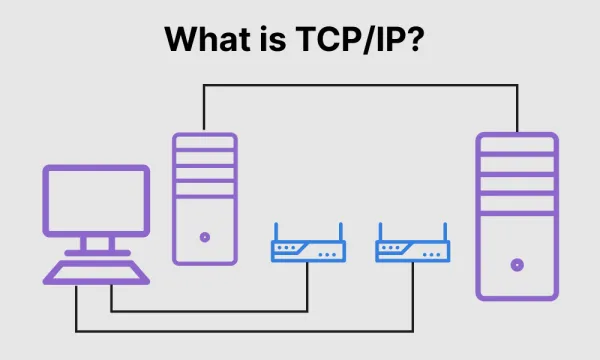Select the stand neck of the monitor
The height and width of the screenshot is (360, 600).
(96, 242)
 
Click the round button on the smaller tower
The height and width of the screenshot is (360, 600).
(205, 237)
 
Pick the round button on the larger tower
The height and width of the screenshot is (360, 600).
(517, 266)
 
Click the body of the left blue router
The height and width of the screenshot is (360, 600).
(308, 251)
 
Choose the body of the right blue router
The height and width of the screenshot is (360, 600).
(412, 251)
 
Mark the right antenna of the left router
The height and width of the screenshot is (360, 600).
(340, 232)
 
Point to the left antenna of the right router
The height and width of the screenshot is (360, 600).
(380, 232)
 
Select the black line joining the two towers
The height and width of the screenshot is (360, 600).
(360, 85)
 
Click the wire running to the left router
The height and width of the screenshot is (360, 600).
(200, 311)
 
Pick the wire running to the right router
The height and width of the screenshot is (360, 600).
(250, 330)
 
